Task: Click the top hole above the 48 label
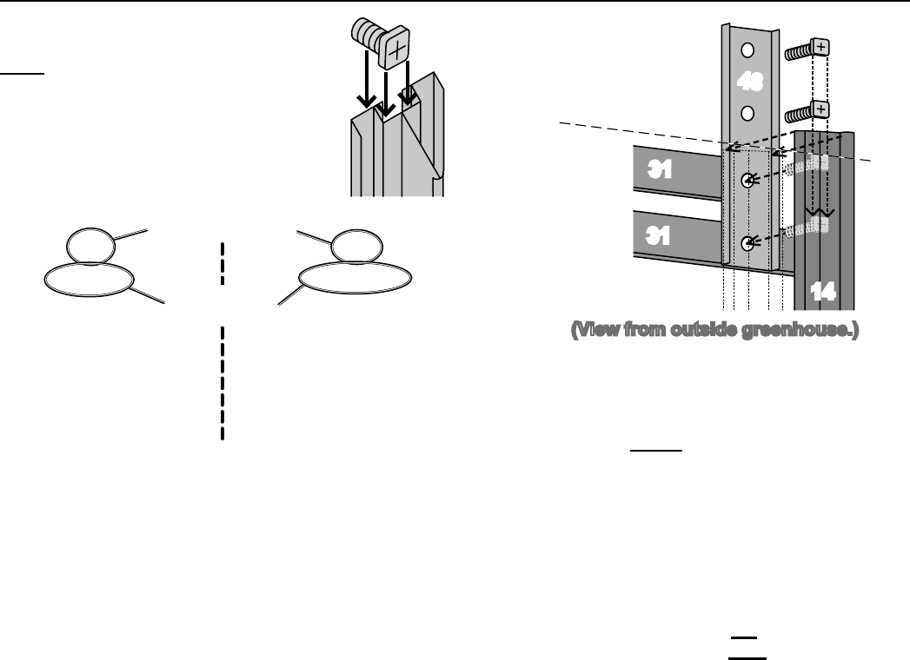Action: coord(747,49)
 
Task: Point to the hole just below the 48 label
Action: coord(747,112)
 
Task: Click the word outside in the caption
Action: coord(701,331)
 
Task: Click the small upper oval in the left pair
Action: coord(90,245)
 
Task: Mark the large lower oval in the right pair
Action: coord(355,278)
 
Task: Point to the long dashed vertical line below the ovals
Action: coord(223,383)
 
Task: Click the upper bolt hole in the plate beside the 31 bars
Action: coord(747,181)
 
